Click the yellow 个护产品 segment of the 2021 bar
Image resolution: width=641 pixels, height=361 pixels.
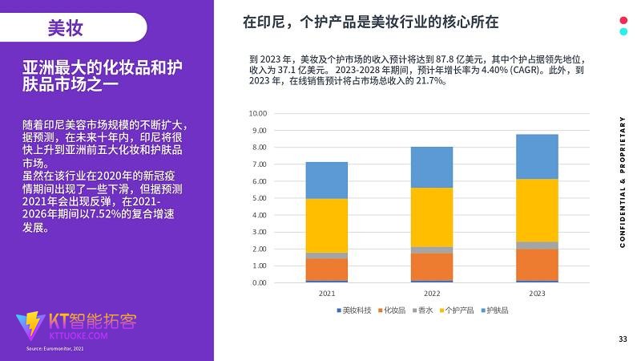327,225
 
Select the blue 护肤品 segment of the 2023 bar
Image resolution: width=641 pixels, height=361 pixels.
537,156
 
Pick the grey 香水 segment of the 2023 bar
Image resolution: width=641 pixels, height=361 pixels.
537,245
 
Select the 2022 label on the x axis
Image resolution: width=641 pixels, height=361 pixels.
432,294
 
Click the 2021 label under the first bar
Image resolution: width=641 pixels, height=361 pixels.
327,294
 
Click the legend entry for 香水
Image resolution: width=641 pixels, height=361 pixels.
423,310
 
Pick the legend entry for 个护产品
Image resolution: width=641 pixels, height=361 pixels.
458,310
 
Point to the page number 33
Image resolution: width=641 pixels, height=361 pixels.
623,339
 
